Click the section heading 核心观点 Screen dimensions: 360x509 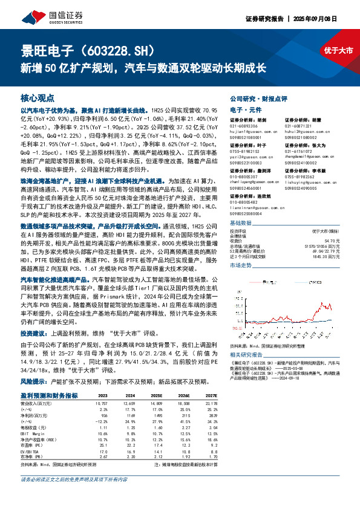pyautogui.click(x=38, y=97)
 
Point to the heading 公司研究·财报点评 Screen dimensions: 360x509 pyautogui.click(x=261, y=98)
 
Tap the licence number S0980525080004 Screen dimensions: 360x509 pyautogui.click(x=249, y=197)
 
